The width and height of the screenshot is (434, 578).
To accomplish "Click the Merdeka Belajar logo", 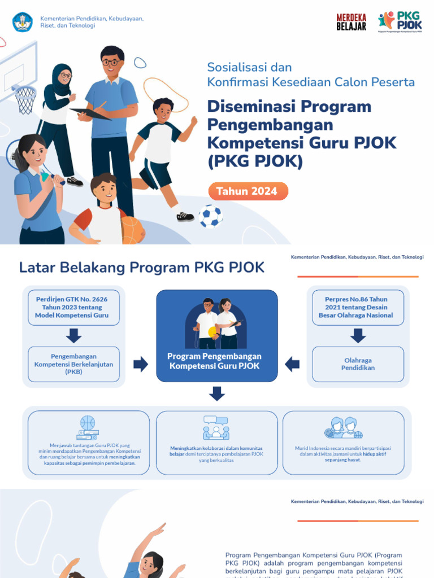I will click(x=351, y=21).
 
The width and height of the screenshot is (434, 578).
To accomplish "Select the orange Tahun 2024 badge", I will click(x=248, y=191).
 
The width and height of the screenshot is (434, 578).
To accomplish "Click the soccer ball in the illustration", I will click(x=210, y=216).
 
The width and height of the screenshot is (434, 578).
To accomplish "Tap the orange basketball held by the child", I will click(x=133, y=230).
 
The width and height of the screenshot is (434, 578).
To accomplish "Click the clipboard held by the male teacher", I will click(x=91, y=113).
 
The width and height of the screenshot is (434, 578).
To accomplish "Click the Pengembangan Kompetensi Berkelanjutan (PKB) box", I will click(x=73, y=364).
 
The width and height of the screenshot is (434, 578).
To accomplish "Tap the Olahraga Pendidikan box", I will click(x=358, y=364).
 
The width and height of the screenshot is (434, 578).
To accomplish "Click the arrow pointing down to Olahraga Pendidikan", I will click(x=358, y=336).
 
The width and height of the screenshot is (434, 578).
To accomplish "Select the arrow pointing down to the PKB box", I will click(x=73, y=336).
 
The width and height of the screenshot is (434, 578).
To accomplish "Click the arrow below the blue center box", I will click(x=217, y=393).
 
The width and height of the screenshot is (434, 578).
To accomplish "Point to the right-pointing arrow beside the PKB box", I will click(x=140, y=364).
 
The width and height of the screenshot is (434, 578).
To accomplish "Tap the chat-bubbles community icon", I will click(x=216, y=428).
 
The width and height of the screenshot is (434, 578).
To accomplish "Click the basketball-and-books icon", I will click(x=88, y=428).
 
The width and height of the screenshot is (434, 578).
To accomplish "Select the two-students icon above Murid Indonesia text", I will click(x=344, y=428).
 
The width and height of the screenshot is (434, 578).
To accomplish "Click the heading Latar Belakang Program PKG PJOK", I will click(x=142, y=268).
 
